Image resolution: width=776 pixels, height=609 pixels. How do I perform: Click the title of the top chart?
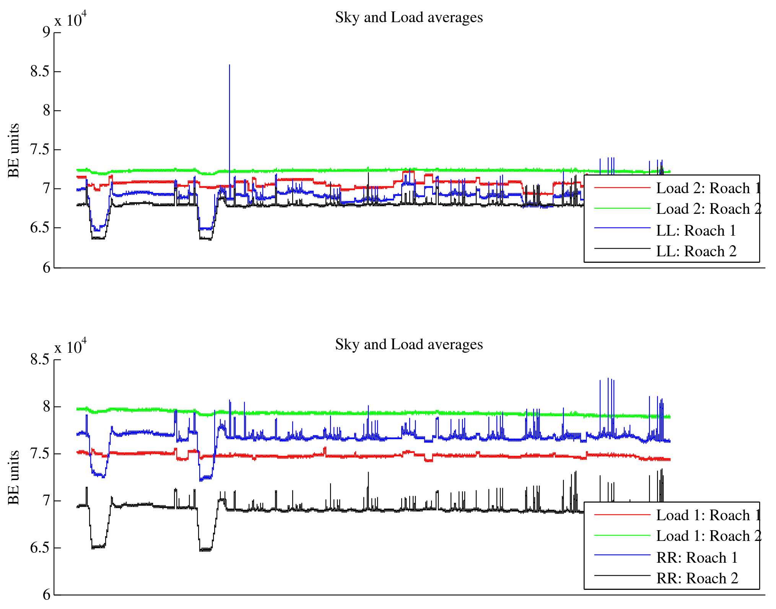pos(409,18)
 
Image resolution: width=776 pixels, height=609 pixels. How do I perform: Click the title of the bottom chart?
pos(409,345)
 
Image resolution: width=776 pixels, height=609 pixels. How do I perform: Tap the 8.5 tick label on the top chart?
pos(40,72)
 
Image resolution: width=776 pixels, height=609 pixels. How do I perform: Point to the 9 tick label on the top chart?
pos(46,32)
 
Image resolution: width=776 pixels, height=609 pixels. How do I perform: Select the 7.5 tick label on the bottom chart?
pos(40,454)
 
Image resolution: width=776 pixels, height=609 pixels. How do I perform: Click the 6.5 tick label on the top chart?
pos(40,228)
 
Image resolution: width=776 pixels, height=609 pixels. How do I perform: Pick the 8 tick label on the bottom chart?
pos(46,407)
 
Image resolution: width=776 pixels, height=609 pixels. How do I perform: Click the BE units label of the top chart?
pos(14,150)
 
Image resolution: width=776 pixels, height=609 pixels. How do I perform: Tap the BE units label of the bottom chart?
pos(14,477)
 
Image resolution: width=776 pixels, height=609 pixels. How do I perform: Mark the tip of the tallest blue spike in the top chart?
pos(229,65)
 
